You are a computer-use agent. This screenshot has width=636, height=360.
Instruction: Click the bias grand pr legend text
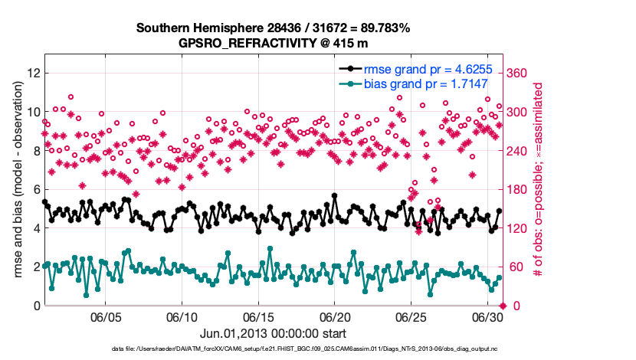tap(425, 83)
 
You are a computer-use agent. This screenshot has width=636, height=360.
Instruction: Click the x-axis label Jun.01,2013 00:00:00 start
tap(273, 333)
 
